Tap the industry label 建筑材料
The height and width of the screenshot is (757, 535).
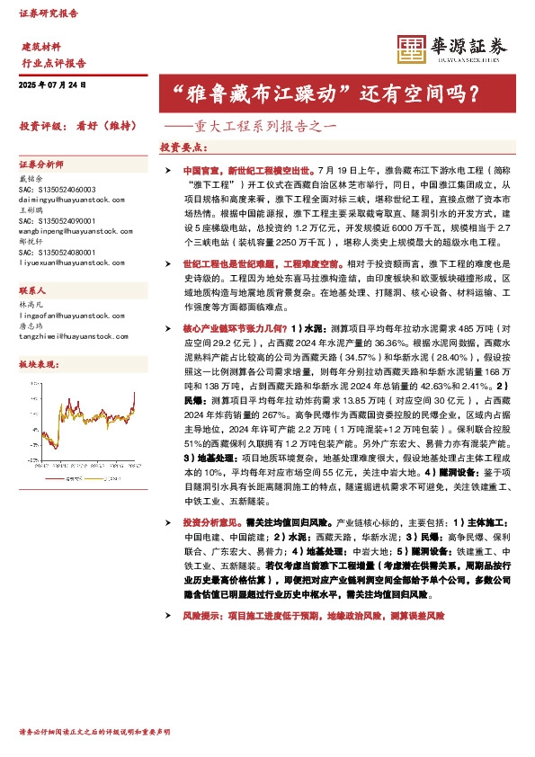tap(41, 46)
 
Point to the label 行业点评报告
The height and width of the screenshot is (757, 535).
tap(53, 64)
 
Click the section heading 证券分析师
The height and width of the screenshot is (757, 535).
tap(41, 165)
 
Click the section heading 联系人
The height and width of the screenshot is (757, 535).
tap(32, 293)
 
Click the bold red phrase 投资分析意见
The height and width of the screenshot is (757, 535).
tap(206, 521)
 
